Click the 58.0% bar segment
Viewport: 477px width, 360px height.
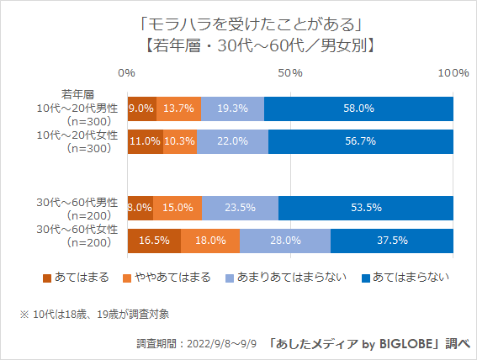pyautogui.click(x=359, y=109)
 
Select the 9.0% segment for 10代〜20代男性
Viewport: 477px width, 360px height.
pyautogui.click(x=141, y=109)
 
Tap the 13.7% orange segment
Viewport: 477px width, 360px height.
pyautogui.click(x=178, y=109)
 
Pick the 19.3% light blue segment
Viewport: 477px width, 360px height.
pyautogui.click(x=232, y=109)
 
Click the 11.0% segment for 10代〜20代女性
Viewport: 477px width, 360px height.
pyautogui.click(x=145, y=141)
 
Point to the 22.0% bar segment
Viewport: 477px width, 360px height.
pyautogui.click(x=232, y=141)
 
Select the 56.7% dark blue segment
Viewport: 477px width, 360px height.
pyautogui.click(x=361, y=141)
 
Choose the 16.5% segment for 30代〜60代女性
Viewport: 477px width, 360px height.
pyautogui.click(x=154, y=240)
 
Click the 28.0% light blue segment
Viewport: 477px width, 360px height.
pyautogui.click(x=285, y=240)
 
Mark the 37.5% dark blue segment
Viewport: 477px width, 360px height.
pyautogui.click(x=392, y=240)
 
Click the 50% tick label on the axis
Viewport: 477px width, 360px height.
pyautogui.click(x=290, y=74)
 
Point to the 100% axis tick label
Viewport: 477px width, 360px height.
pyautogui.click(x=453, y=74)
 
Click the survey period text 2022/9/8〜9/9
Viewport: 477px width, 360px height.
pyautogui.click(x=196, y=344)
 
